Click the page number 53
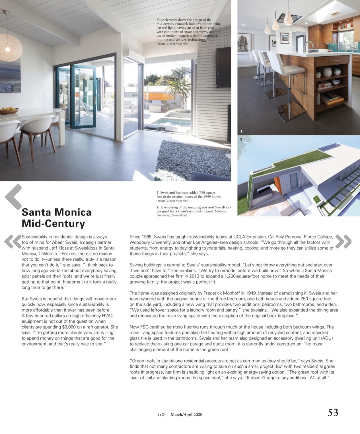click(333, 412)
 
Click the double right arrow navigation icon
click(343, 241)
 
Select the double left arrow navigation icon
click(13, 241)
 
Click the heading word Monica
click(74, 212)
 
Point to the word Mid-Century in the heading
click(53, 224)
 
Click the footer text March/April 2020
click(186, 415)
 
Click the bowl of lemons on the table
click(9, 110)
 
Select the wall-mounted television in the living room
click(223, 67)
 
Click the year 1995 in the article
click(147, 237)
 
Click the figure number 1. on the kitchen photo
click(242, 131)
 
